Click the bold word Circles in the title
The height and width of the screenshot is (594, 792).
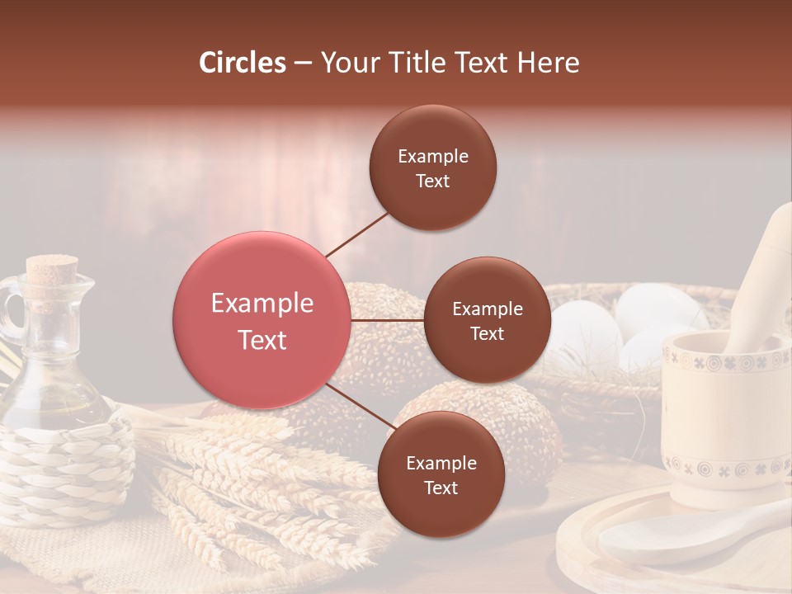243,63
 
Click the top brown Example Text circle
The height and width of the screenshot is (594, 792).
433,167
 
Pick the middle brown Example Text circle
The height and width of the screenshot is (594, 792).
487,320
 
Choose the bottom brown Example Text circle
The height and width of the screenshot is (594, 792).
441,474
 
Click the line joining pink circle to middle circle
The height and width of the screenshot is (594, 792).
388,320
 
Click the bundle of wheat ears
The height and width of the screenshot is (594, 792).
247,487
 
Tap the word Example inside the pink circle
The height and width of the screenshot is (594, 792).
262,304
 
